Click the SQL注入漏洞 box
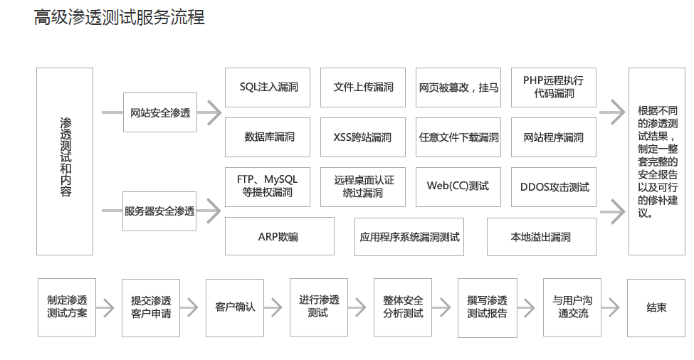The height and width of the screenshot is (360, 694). (268, 88)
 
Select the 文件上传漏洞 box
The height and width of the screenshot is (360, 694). (363, 88)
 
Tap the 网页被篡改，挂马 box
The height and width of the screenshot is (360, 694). (458, 88)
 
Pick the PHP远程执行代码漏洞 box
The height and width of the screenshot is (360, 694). (553, 88)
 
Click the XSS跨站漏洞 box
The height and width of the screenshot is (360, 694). (363, 137)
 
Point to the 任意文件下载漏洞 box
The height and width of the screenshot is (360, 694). (458, 137)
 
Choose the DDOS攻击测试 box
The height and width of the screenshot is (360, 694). (553, 187)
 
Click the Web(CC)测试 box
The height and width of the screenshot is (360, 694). (458, 186)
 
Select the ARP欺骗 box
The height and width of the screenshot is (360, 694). (279, 236)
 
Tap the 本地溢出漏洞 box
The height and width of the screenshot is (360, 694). (541, 236)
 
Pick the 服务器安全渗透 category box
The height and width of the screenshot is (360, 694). (160, 211)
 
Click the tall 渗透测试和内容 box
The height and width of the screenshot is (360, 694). (65, 161)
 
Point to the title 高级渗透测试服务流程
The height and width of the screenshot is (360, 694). (119, 18)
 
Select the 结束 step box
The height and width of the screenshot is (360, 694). (656, 307)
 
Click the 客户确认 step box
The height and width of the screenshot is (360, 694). (235, 307)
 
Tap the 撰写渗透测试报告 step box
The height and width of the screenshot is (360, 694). (488, 307)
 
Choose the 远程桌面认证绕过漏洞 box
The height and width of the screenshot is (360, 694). (363, 186)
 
